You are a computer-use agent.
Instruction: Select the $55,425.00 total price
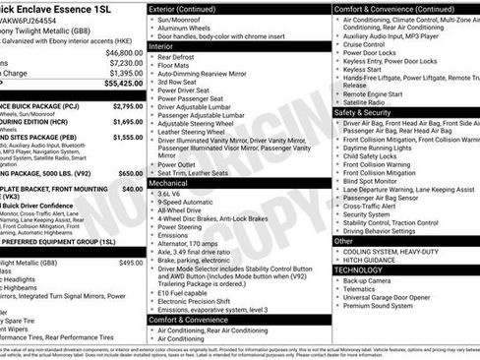pos(123,84)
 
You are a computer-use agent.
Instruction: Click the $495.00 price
pos(131,263)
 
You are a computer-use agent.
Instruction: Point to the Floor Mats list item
pos(176,66)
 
